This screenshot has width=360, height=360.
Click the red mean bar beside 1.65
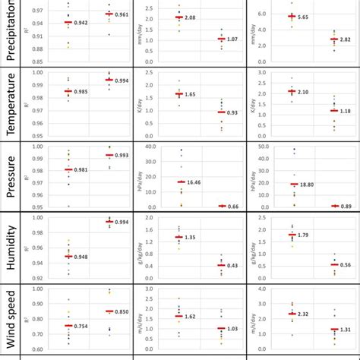179,94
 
